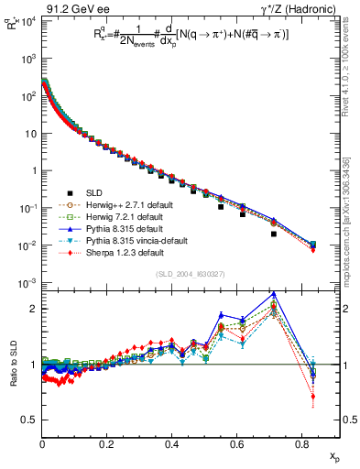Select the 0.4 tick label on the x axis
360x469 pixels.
tap(171, 443)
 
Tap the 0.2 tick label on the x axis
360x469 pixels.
tap(107, 443)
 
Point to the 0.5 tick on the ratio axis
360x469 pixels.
tap(30, 420)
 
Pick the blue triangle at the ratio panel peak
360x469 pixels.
tap(274, 295)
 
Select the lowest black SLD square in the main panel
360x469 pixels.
tap(274, 234)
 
